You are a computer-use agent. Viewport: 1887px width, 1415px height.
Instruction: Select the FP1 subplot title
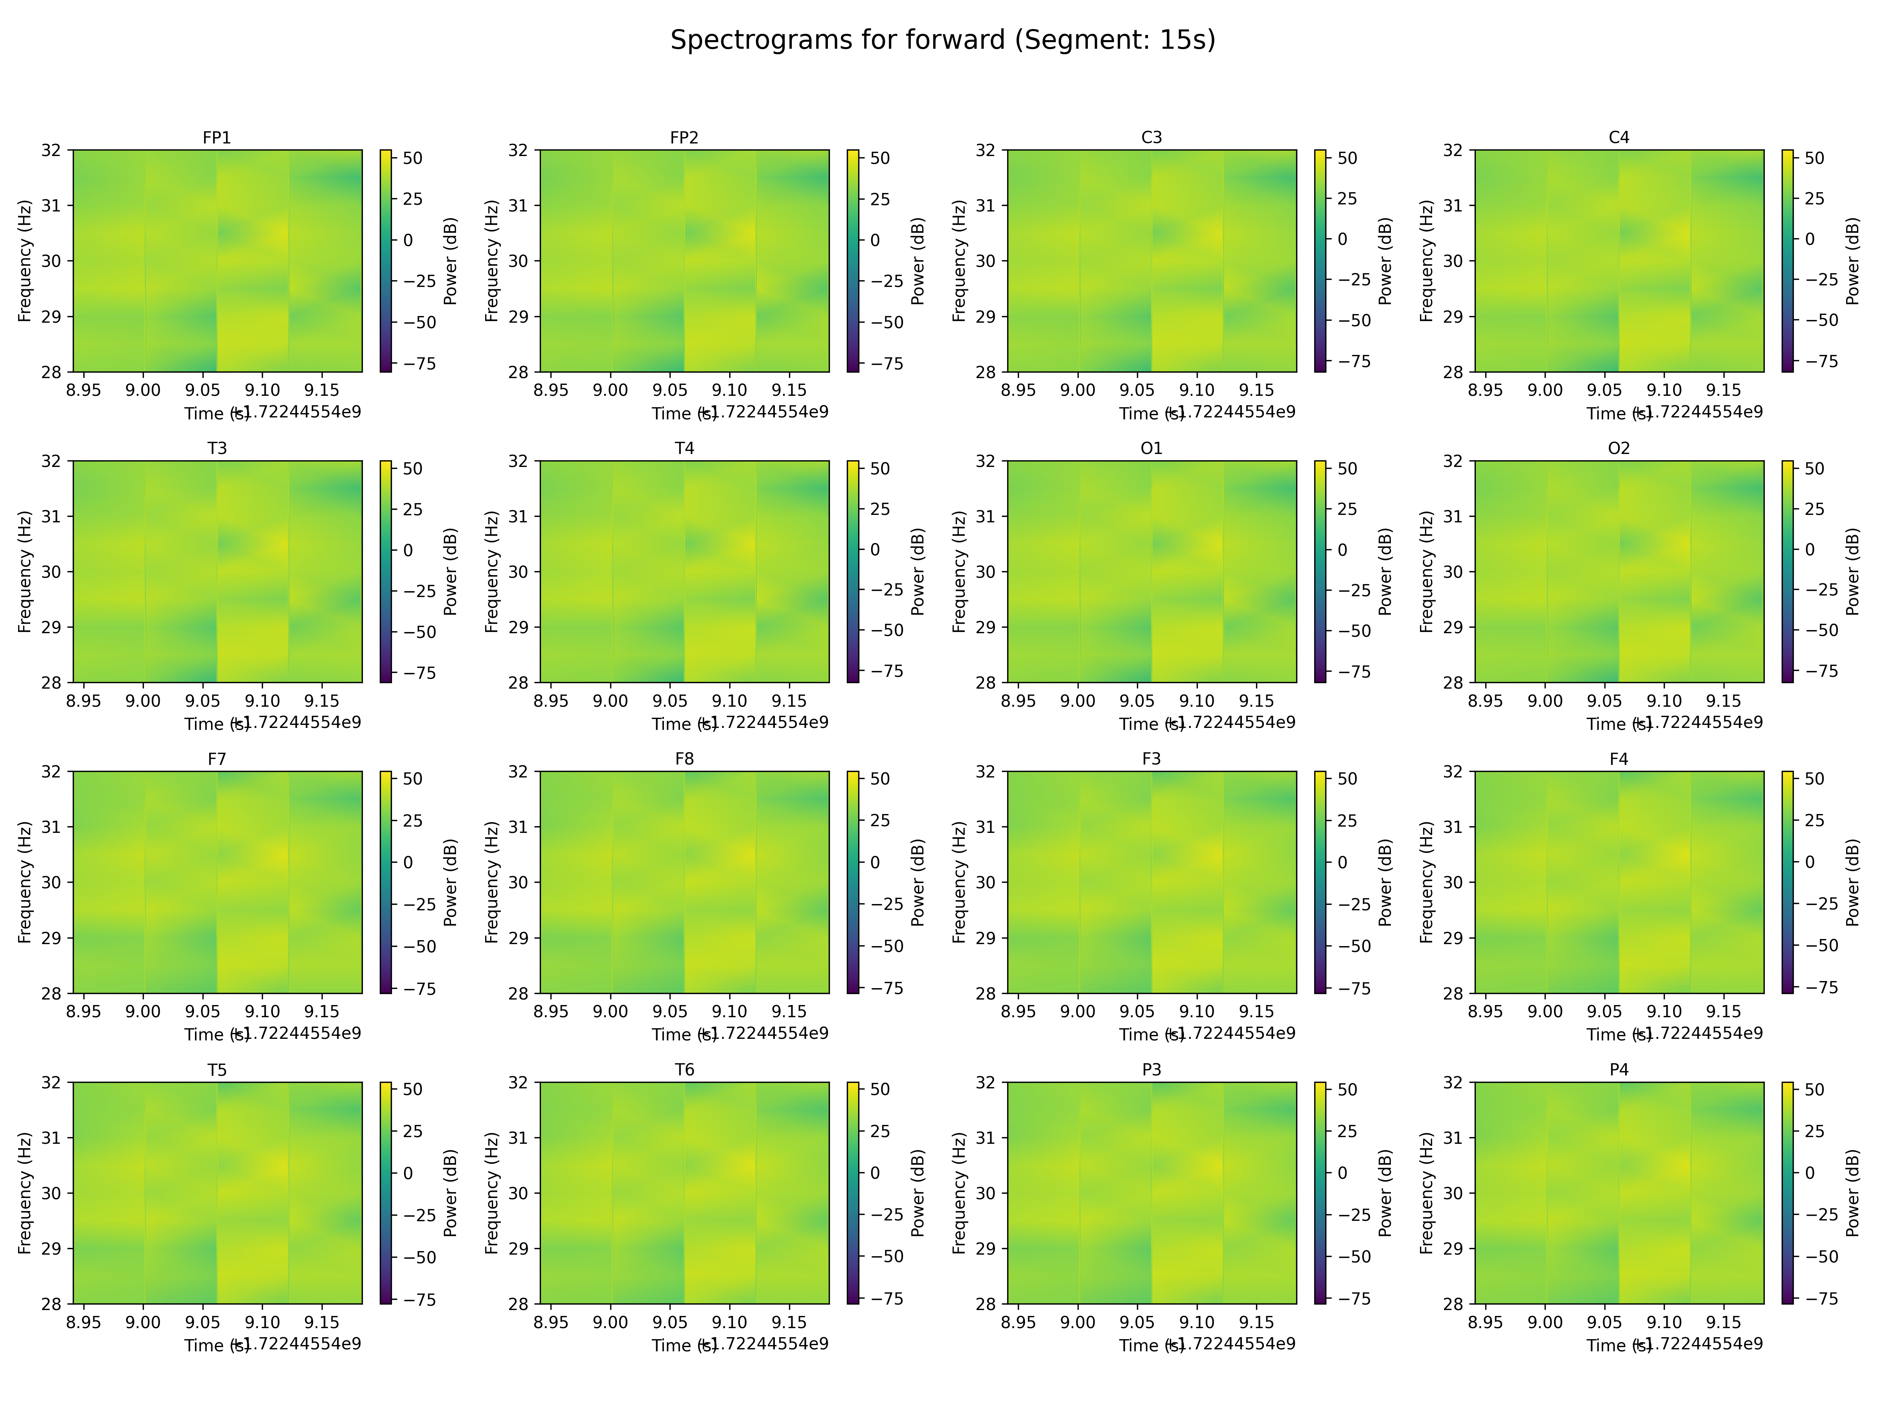pos(217,137)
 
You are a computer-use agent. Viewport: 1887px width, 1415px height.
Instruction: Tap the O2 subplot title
pos(1618,448)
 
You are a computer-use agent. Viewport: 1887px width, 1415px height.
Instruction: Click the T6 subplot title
pos(684,1070)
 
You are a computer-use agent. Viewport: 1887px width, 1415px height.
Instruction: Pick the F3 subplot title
pos(1151,758)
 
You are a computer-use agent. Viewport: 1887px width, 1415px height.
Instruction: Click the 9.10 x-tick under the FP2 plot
pos(729,390)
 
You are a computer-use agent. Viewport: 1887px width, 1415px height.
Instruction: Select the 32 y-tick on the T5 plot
pos(51,1082)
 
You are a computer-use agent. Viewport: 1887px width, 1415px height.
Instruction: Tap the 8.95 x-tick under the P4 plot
pos(1485,1322)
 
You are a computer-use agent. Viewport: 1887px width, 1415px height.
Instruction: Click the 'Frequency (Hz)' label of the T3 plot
pos(25,572)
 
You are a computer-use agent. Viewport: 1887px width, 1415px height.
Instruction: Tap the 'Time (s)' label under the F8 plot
pos(682,1035)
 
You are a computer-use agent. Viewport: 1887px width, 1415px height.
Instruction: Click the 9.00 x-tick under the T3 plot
pos(143,700)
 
